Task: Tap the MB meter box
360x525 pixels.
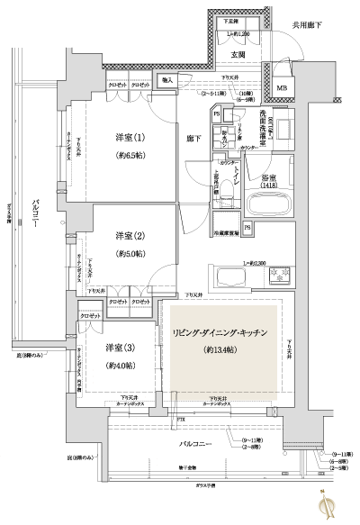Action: click(x=282, y=87)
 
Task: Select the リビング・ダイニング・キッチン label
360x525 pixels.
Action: click(x=220, y=334)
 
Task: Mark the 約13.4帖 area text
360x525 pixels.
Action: click(x=220, y=348)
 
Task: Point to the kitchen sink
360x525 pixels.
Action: click(x=228, y=274)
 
